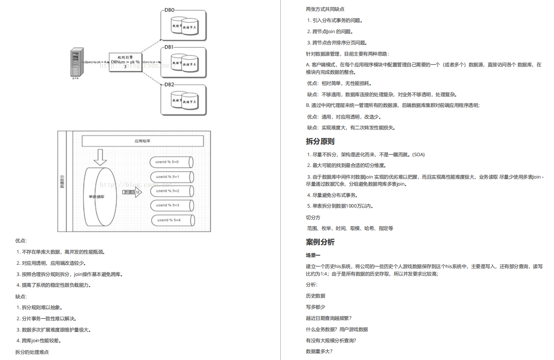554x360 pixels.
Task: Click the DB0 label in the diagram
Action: [170, 10]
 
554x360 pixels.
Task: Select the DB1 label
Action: [170, 47]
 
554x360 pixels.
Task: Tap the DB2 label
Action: [170, 85]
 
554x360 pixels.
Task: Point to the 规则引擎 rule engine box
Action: [125, 62]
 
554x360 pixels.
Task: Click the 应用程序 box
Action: [142, 141]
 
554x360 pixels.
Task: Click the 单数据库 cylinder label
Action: [96, 197]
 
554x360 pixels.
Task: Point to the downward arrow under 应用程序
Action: [100, 157]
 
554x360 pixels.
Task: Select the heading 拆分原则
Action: [320, 141]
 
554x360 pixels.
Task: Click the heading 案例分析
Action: [320, 242]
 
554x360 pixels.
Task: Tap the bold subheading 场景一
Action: [313, 255]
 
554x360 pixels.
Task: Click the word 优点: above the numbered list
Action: [21, 241]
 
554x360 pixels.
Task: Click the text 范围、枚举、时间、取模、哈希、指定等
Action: [350, 228]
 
